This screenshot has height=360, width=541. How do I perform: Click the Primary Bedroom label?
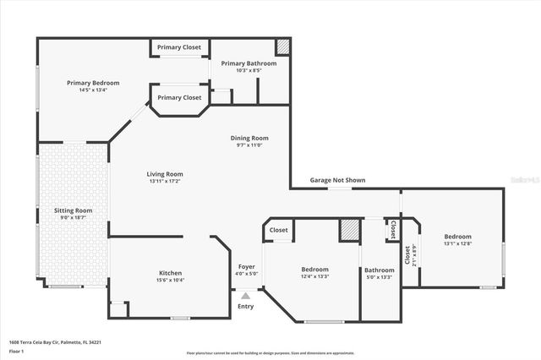pos(93,83)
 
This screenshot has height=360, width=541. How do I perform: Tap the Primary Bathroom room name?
pos(249,63)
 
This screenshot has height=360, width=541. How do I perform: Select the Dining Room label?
pos(249,138)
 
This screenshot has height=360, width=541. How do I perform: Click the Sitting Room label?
pos(73,210)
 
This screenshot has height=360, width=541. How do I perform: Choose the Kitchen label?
pos(171,273)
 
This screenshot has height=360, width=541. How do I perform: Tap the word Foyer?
pos(247,267)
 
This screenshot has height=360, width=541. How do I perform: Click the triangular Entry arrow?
pos(246,296)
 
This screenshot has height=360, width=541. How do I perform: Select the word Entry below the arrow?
pos(246,306)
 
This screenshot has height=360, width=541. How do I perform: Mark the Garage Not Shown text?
pos(337,180)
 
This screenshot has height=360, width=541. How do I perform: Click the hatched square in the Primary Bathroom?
pos(283,46)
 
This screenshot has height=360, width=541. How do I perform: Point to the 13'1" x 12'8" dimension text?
pos(457,243)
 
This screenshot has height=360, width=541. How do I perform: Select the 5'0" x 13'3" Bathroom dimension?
pos(379,277)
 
